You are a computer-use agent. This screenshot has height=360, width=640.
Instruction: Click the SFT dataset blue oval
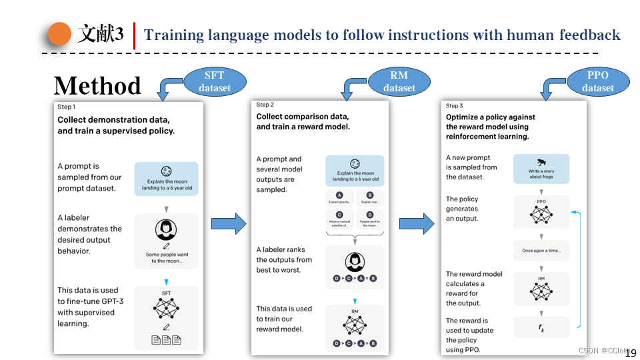(x=215, y=81)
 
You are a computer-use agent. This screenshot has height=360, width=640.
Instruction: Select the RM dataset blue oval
(x=399, y=81)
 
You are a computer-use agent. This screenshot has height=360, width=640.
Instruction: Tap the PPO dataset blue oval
(x=597, y=81)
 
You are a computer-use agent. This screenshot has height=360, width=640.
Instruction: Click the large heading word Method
(x=97, y=86)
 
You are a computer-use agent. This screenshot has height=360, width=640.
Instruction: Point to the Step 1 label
(x=66, y=107)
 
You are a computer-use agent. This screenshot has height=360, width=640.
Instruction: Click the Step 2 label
(x=265, y=105)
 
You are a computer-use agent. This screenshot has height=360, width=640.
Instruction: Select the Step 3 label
(x=454, y=105)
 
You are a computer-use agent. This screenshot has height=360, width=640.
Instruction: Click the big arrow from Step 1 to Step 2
(x=229, y=223)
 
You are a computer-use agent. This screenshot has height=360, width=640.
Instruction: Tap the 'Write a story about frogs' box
(x=541, y=169)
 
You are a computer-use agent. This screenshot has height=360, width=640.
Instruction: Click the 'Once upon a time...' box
(x=541, y=251)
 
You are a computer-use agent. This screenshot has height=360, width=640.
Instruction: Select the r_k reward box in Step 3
(x=541, y=327)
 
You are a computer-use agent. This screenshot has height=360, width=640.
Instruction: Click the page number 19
(x=631, y=353)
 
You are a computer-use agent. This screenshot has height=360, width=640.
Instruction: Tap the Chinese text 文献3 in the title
(x=101, y=35)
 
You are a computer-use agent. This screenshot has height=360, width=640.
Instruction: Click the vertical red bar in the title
(x=135, y=35)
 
